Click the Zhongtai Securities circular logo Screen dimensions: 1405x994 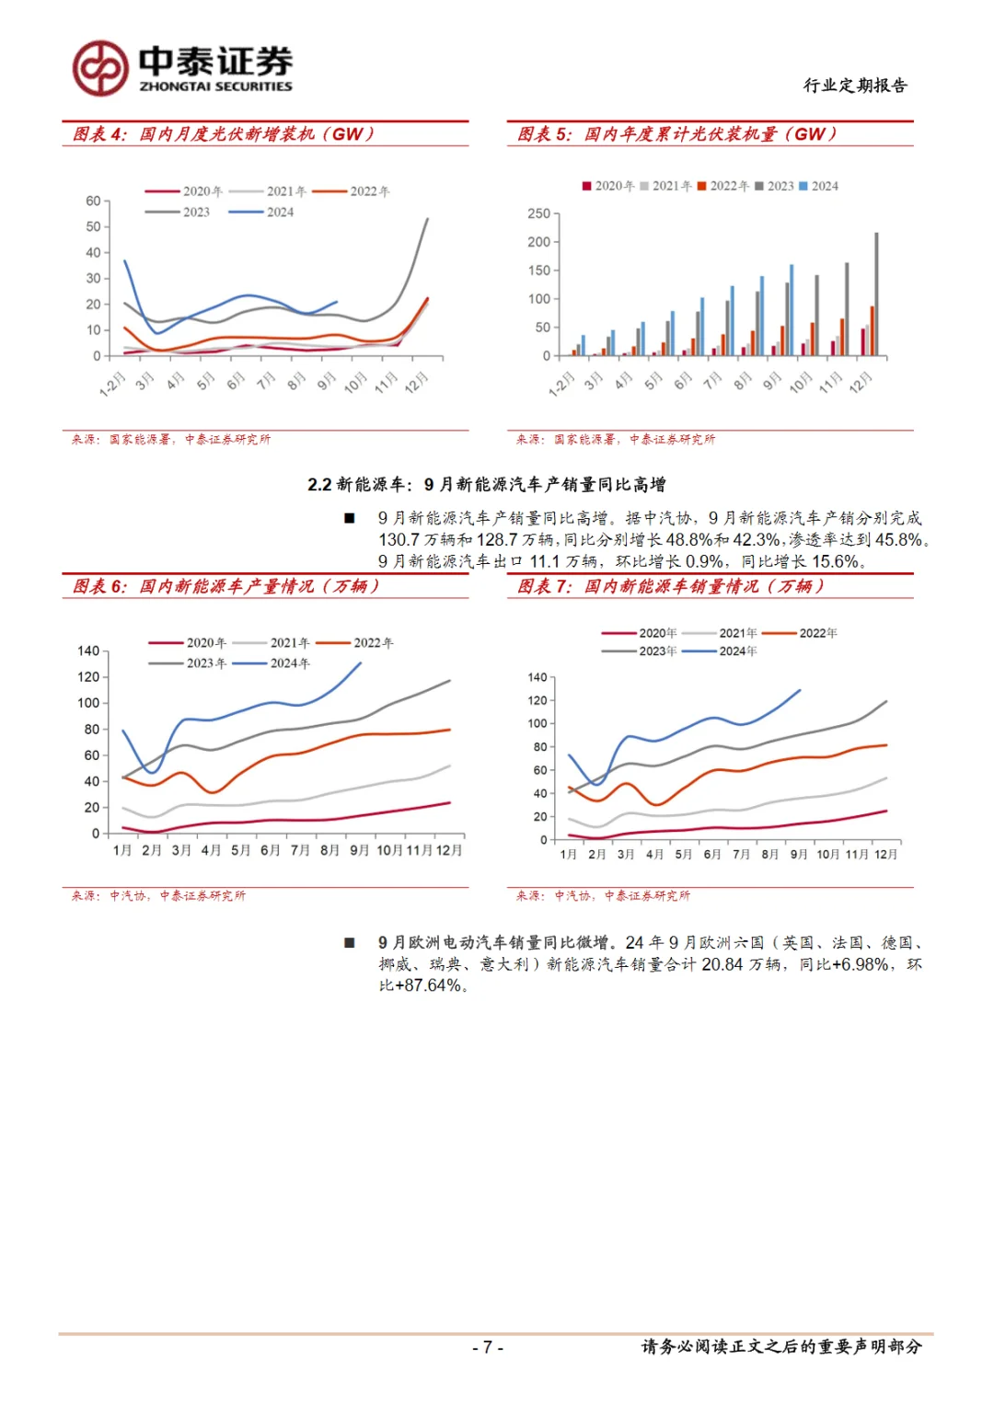tap(100, 68)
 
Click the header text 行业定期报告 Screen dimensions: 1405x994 tap(855, 86)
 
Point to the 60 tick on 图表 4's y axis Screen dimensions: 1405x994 tap(93, 201)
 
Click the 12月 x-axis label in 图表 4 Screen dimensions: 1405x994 tap(416, 381)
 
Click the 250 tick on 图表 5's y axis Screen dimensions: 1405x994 tap(538, 213)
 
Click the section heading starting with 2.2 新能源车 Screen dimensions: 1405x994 tap(487, 485)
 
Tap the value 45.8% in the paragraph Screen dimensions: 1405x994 tap(898, 540)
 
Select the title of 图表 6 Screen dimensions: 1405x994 tap(225, 587)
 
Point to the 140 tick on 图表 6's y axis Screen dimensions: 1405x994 tap(88, 651)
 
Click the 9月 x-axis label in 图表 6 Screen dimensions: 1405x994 tap(359, 850)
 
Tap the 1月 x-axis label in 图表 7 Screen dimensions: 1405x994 tap(569, 855)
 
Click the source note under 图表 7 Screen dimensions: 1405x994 tap(603, 895)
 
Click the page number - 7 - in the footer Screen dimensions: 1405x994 tap(487, 1347)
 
